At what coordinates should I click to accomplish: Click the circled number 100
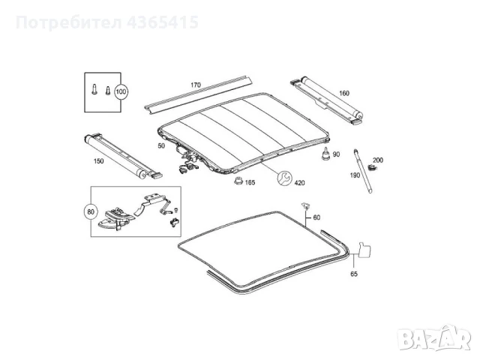(121, 91)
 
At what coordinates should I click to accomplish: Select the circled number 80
(91, 211)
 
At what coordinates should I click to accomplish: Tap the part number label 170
(196, 85)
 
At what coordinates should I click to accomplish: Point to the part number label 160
(344, 93)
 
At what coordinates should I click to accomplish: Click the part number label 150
(98, 161)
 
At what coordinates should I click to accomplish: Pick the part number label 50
(161, 146)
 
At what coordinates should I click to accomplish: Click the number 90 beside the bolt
(336, 154)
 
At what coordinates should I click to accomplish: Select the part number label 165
(250, 183)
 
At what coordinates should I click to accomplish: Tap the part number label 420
(300, 183)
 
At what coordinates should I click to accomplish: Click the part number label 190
(355, 175)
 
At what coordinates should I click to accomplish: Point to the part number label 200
(378, 160)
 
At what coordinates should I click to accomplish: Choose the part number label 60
(316, 217)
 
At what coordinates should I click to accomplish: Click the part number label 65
(354, 274)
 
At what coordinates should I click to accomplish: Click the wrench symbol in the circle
(285, 178)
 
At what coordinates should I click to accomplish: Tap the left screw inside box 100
(94, 89)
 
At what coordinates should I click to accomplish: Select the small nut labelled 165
(238, 181)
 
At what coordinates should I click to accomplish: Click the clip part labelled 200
(372, 167)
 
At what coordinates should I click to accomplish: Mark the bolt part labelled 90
(325, 154)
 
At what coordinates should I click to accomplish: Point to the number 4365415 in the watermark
(163, 22)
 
